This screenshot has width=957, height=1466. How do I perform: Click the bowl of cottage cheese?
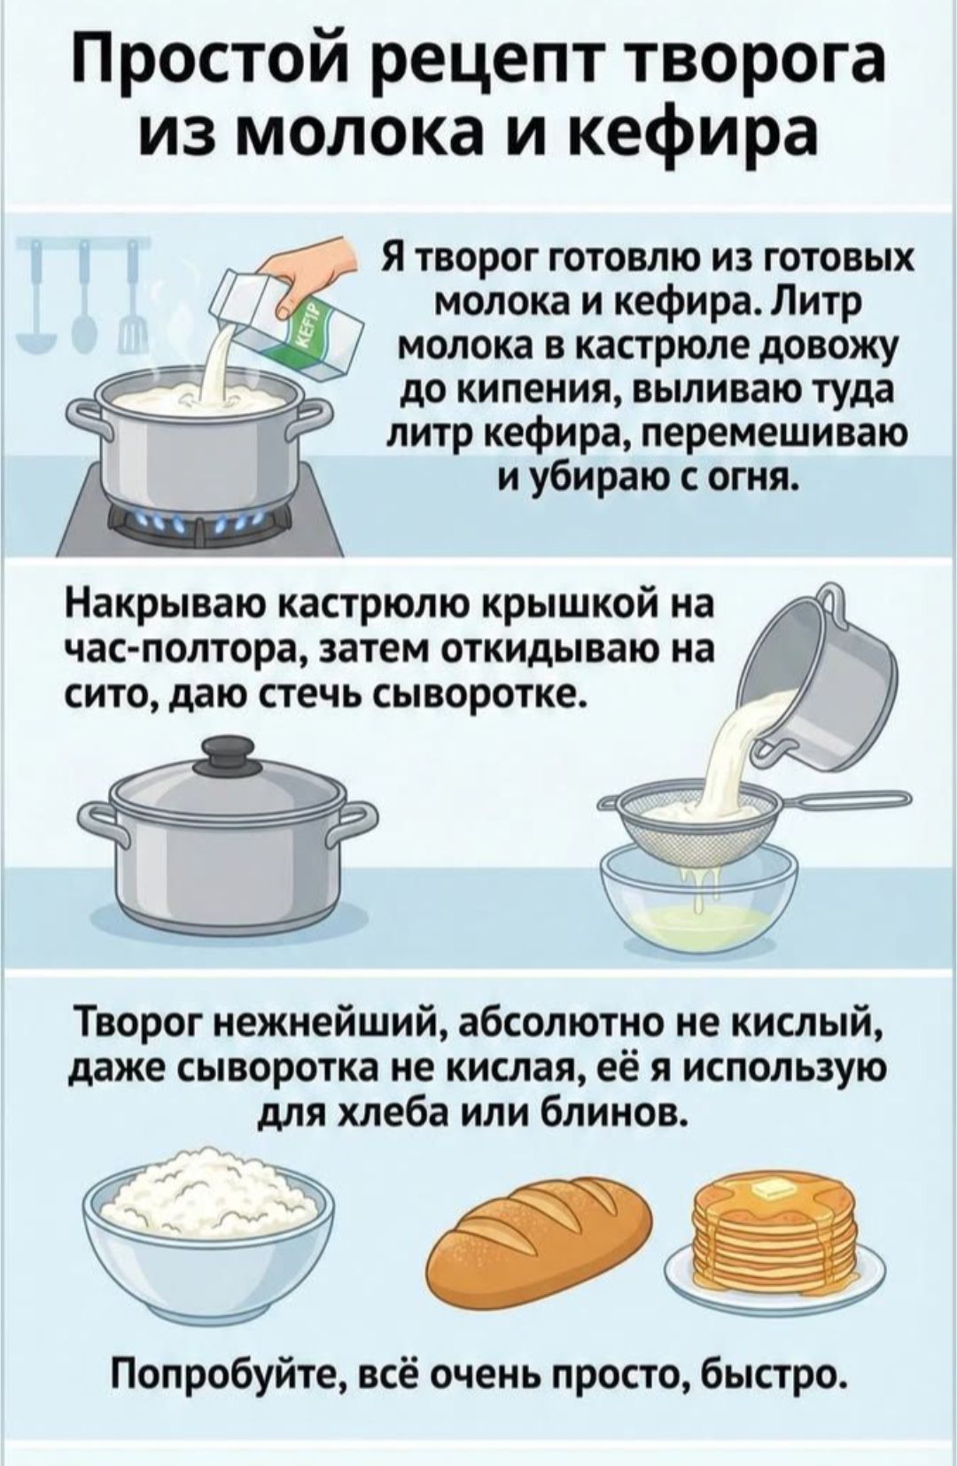pyautogui.click(x=213, y=1223)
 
